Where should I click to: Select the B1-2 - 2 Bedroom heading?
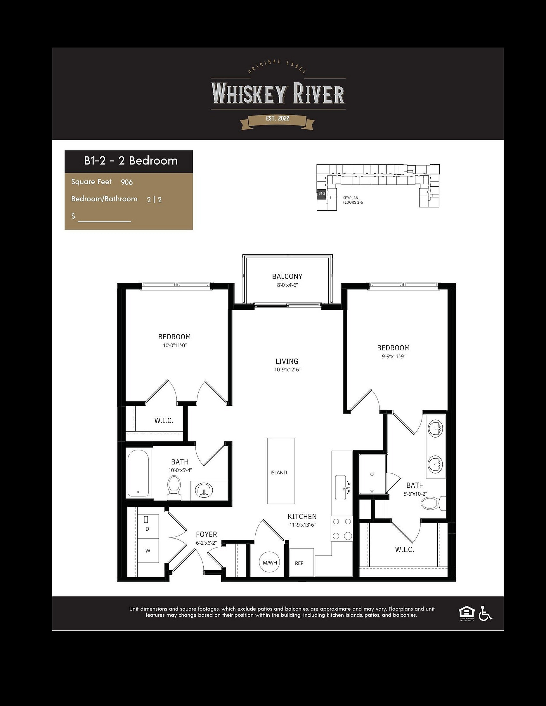pyautogui.click(x=131, y=161)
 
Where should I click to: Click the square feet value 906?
pyautogui.click(x=127, y=182)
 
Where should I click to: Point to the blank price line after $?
pyautogui.click(x=104, y=221)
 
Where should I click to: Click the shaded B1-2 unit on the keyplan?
pyautogui.click(x=321, y=193)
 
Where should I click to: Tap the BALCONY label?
pyautogui.click(x=287, y=276)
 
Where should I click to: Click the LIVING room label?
pyautogui.click(x=287, y=361)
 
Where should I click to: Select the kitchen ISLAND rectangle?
pyautogui.click(x=281, y=471)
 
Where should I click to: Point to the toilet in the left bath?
pyautogui.click(x=174, y=488)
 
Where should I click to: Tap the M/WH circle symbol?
pyautogui.click(x=270, y=562)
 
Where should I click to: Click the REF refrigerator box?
pyautogui.click(x=301, y=562)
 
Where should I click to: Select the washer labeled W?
pyautogui.click(x=148, y=551)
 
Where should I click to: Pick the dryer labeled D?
pyautogui.click(x=148, y=527)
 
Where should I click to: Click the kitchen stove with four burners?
pyautogui.click(x=342, y=529)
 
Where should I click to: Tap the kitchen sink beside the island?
pyautogui.click(x=340, y=487)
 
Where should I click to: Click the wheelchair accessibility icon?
pyautogui.click(x=486, y=614)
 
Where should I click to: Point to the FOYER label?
pyautogui.click(x=207, y=534)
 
